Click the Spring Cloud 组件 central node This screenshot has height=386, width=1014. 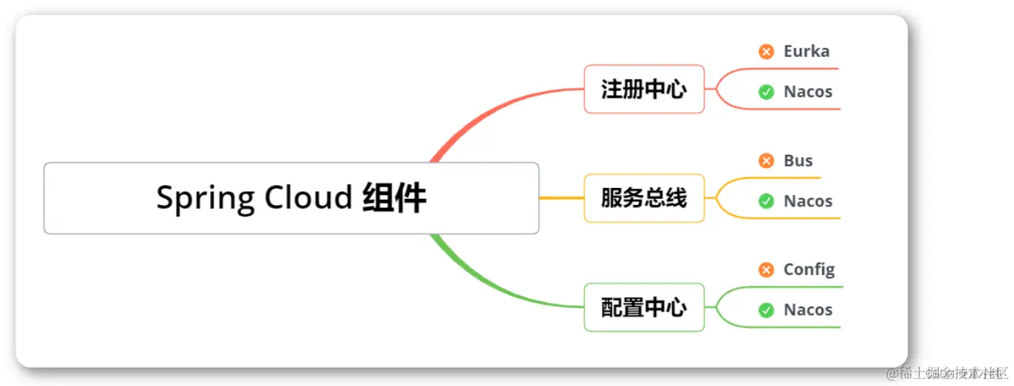click(x=291, y=198)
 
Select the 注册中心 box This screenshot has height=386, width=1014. click(x=644, y=89)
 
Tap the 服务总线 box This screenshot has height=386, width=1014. click(x=644, y=199)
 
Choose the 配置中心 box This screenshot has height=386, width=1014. click(x=644, y=307)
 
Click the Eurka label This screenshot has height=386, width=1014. click(x=806, y=52)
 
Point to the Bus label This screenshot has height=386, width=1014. click(x=798, y=161)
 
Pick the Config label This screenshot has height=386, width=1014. click(x=808, y=270)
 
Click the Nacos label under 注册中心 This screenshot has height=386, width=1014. click(x=808, y=92)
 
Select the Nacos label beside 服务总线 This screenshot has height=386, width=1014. click(x=808, y=201)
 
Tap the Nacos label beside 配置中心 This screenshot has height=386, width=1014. click(x=808, y=310)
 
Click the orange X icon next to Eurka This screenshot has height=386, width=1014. click(x=766, y=52)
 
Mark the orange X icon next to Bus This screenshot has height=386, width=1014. click(x=766, y=161)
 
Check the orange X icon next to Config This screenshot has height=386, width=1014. click(x=766, y=270)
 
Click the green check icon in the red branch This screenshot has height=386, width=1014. click(x=766, y=92)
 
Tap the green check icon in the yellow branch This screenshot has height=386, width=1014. click(x=766, y=201)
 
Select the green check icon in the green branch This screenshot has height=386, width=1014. click(x=766, y=310)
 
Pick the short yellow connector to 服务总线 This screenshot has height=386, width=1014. click(x=561, y=199)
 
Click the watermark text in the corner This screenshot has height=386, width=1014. click(x=947, y=374)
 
